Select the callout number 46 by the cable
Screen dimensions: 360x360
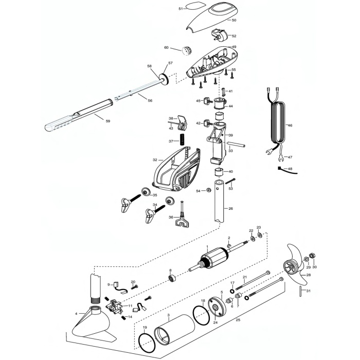(x=290, y=125)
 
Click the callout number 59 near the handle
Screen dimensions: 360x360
(x=107, y=121)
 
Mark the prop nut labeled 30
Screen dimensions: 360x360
(x=312, y=255)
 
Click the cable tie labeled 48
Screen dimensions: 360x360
(x=287, y=170)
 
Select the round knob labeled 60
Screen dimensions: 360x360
(x=187, y=51)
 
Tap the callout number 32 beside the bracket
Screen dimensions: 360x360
(x=155, y=159)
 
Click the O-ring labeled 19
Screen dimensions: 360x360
(x=147, y=345)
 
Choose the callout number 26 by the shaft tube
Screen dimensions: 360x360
(x=231, y=208)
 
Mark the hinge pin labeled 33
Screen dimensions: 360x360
(x=237, y=145)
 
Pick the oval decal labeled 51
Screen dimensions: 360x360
(x=193, y=6)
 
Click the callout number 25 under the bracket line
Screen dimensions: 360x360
(x=238, y=319)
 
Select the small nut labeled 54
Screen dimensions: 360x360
(x=209, y=190)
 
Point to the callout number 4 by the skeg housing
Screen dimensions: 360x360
(x=76, y=313)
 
